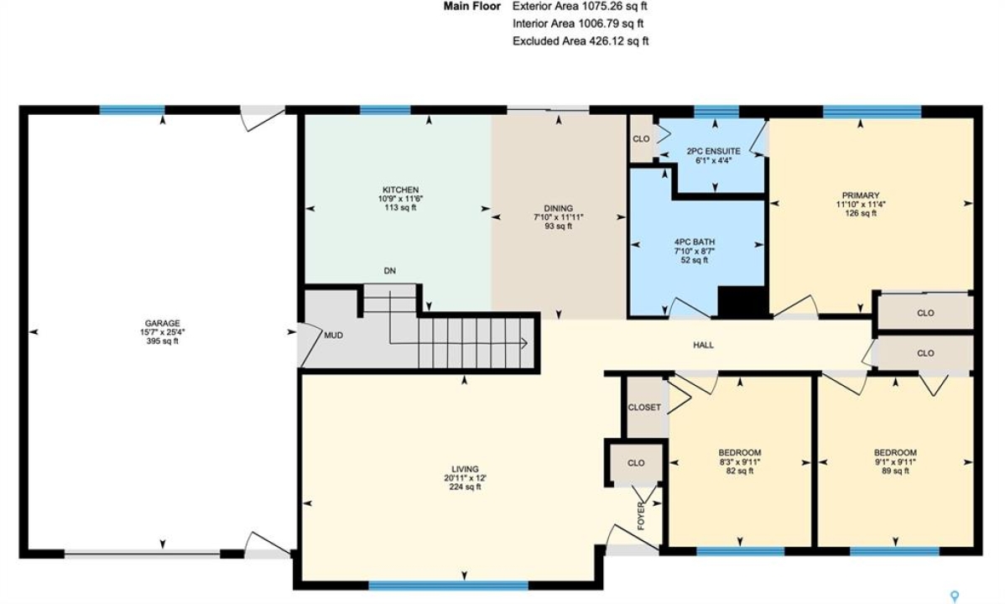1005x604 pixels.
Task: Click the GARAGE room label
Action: click(162, 323)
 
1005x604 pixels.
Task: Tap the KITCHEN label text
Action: click(401, 190)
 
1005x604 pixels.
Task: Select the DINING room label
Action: click(558, 208)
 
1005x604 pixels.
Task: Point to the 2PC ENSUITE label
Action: click(713, 151)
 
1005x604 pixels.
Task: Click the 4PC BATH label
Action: click(694, 242)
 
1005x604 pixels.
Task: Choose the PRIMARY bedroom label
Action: click(861, 195)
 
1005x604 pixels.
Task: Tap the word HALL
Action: click(703, 345)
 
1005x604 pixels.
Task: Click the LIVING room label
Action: click(465, 469)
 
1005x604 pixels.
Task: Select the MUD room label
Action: click(333, 336)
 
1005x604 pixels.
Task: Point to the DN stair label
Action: click(390, 271)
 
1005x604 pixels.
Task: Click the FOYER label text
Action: click(641, 516)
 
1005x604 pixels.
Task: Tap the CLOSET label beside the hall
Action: click(644, 407)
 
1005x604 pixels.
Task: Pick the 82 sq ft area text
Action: click(740, 471)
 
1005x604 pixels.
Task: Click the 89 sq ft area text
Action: click(895, 471)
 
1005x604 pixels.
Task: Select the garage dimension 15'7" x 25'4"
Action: click(162, 332)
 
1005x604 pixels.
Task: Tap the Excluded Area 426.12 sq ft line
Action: click(581, 41)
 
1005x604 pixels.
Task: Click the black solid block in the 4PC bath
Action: click(742, 301)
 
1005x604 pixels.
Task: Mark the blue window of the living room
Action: click(448, 586)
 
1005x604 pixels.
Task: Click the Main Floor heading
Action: click(471, 7)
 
